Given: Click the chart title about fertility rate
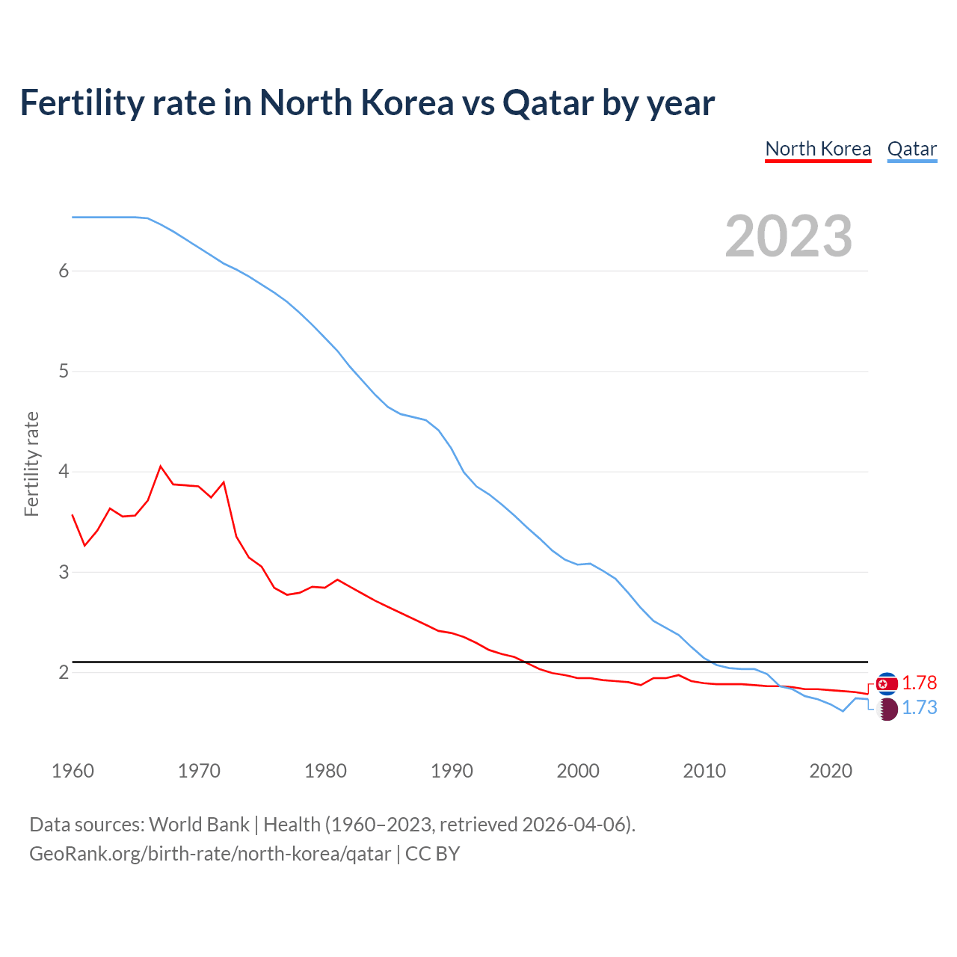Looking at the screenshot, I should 367,103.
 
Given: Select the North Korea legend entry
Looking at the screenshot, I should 818,149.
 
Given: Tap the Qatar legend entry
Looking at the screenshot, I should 911,149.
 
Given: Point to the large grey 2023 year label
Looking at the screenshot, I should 789,236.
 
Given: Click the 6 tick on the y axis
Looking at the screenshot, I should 64,271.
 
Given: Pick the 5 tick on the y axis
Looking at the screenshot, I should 64,372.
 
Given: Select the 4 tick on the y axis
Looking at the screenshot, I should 64,472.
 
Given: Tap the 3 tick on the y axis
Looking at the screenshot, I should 64,572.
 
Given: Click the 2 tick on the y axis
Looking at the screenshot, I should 64,673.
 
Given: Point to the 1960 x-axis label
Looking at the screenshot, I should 73,771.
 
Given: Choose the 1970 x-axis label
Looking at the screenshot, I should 199,771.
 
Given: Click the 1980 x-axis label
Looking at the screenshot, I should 325,771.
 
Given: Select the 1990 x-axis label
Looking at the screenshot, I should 452,771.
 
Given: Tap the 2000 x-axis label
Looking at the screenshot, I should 578,771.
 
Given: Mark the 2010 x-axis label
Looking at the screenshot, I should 704,771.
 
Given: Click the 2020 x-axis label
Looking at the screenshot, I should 831,771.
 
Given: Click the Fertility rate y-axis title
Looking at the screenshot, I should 31,464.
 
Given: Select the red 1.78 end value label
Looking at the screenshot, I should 919,683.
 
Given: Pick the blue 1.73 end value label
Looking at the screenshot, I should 919,708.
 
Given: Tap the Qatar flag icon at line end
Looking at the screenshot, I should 887,710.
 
